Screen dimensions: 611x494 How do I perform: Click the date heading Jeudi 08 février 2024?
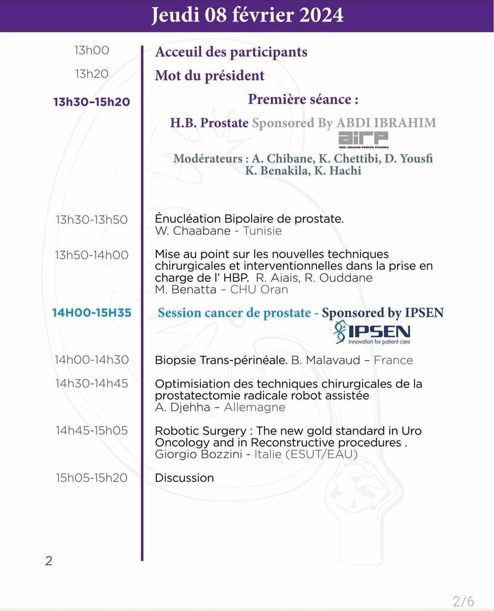[247, 15]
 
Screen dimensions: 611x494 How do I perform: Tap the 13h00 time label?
[91, 50]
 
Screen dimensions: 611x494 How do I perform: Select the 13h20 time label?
[91, 74]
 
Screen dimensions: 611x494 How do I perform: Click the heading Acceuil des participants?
[231, 52]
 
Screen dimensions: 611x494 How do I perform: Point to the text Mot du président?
[209, 76]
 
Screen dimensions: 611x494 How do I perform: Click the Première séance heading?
[303, 99]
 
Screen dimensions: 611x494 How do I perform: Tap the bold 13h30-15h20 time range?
[91, 102]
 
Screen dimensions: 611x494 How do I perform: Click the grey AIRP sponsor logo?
[363, 139]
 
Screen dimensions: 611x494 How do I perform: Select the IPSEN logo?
[372, 332]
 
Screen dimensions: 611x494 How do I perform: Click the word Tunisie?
[262, 231]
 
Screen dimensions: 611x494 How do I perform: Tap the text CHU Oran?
[259, 289]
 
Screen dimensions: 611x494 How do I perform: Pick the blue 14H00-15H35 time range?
[91, 313]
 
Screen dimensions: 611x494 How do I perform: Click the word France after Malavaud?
[393, 360]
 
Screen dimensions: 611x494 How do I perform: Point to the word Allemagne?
[254, 407]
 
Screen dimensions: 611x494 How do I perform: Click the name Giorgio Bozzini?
[199, 454]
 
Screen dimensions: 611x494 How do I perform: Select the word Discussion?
[184, 478]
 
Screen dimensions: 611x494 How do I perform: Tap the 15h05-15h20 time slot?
[91, 478]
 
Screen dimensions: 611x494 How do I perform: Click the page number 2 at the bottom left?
[49, 561]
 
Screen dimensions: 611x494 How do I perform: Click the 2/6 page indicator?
[463, 601]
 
